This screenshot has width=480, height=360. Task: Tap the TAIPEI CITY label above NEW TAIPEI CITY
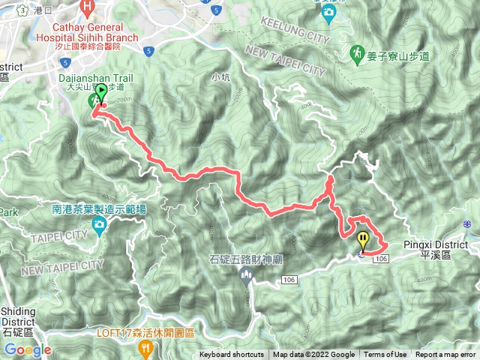58,237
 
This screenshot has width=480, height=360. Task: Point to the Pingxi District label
435,244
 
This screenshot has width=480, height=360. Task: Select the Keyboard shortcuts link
232,355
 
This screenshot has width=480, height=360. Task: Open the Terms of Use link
385,355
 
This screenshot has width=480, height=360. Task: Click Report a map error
446,355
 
